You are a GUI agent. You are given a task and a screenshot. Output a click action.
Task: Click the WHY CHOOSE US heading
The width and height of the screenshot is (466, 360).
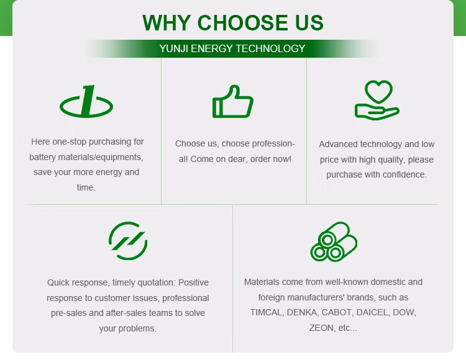coord(233,22)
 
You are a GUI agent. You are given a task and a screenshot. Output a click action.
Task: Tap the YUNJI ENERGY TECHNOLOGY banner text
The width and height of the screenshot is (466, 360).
coord(232,48)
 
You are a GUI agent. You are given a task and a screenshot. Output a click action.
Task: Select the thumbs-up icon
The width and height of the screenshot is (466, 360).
coord(233,102)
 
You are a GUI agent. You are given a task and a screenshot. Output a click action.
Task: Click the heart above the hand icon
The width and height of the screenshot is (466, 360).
coord(378,91)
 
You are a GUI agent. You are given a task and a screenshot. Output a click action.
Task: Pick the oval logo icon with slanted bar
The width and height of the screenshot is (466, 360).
coord(86,102)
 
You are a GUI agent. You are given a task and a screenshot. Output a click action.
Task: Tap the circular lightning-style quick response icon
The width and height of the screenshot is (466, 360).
coord(128,241)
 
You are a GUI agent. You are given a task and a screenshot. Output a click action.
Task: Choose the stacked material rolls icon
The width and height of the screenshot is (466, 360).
coord(334,241)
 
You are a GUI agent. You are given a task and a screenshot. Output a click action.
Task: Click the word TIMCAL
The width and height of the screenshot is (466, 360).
coord(266,312)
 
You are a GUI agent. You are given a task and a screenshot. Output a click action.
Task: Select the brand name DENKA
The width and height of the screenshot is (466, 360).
coord(302,312)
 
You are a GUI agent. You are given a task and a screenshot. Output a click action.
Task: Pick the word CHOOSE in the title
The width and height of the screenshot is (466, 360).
coord(242,22)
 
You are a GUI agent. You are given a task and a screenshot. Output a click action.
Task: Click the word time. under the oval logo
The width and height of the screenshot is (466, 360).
coord(86,187)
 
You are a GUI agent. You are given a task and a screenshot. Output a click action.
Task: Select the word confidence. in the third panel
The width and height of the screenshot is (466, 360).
coord(406,174)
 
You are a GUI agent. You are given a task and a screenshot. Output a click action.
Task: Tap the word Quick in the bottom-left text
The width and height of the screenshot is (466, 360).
coord(58,282)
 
